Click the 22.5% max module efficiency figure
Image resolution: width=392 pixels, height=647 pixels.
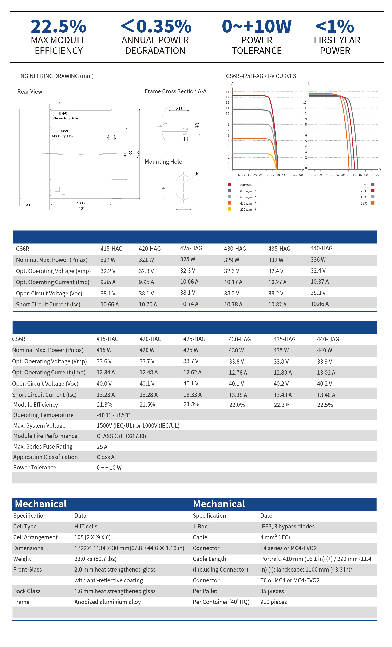pos(59,26)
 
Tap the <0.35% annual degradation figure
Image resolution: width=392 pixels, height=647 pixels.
pos(156,26)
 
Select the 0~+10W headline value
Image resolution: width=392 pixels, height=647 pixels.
pos(257,26)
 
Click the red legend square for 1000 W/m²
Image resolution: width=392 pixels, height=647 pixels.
pos(230,184)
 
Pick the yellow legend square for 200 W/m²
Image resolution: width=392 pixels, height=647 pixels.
pos(230,209)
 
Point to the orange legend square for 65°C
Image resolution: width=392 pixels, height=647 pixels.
pos(372,203)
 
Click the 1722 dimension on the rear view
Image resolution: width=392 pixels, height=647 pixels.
pos(138,154)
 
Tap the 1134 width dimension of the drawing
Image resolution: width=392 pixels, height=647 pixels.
pos(81,208)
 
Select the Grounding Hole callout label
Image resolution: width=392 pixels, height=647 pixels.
pos(65,118)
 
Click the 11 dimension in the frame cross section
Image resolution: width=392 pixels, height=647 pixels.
pos(186,139)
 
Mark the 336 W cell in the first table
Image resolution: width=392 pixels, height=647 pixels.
pos(318,259)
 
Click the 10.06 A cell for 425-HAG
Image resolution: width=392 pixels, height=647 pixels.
pos(189,282)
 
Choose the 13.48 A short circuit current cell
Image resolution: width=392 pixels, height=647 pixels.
pos(326,395)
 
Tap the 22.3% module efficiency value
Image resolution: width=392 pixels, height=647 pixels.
pos(281,405)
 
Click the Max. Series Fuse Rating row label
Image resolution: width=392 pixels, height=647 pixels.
pos(43,446)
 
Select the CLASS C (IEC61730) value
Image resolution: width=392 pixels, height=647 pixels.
pos(121,436)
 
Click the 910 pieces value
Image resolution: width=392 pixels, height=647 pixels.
pos(273,602)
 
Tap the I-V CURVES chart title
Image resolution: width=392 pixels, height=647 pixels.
pos(282,76)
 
